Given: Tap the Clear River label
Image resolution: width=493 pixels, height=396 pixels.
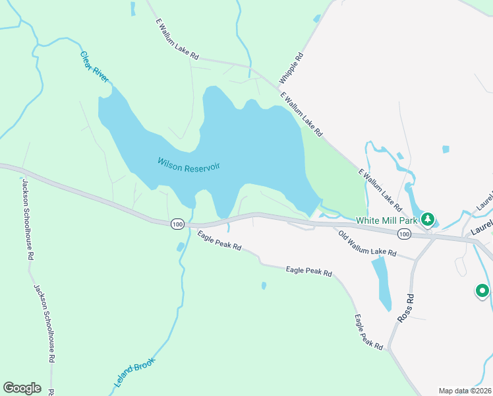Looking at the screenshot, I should (x=94, y=67).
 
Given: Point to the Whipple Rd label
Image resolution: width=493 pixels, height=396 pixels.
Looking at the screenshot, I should (x=291, y=68).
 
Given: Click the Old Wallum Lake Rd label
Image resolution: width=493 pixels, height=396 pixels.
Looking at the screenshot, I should (x=366, y=244).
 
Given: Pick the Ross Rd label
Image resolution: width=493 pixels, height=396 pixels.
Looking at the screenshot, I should (x=405, y=308).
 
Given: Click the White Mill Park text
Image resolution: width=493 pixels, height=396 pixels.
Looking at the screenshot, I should (x=388, y=220).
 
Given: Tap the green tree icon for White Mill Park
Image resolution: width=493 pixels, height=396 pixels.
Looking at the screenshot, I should (x=428, y=218).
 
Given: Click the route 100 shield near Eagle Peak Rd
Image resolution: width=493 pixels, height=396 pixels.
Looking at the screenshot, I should (x=177, y=224).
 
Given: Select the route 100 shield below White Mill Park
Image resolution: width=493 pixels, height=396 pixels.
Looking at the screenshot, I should (x=404, y=234).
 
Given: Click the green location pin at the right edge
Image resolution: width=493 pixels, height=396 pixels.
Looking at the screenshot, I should (x=482, y=290).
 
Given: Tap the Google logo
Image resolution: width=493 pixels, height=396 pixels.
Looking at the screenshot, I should (x=22, y=388).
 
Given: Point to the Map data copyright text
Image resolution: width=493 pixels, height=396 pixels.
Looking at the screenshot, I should (x=465, y=391).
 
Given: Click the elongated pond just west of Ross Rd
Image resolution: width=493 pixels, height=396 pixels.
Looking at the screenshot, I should (x=381, y=282).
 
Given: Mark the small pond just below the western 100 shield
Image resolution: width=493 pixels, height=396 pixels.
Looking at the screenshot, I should (x=181, y=247).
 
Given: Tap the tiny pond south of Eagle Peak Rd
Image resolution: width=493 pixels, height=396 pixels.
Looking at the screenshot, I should (x=264, y=286).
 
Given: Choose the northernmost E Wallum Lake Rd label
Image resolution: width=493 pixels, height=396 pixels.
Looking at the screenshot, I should (x=177, y=39).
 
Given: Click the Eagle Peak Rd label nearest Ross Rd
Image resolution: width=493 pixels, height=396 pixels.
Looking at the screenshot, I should (x=368, y=332).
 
